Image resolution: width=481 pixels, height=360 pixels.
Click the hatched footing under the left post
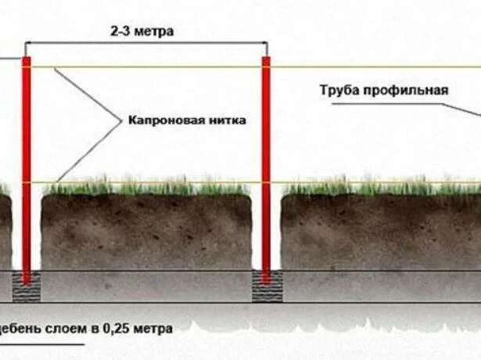point(27,289)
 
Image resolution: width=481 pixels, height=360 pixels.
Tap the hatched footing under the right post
point(266,289)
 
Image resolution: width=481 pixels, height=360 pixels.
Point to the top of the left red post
point(27,59)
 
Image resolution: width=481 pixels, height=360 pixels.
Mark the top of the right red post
point(266,59)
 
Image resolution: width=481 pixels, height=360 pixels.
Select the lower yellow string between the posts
point(149,183)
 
